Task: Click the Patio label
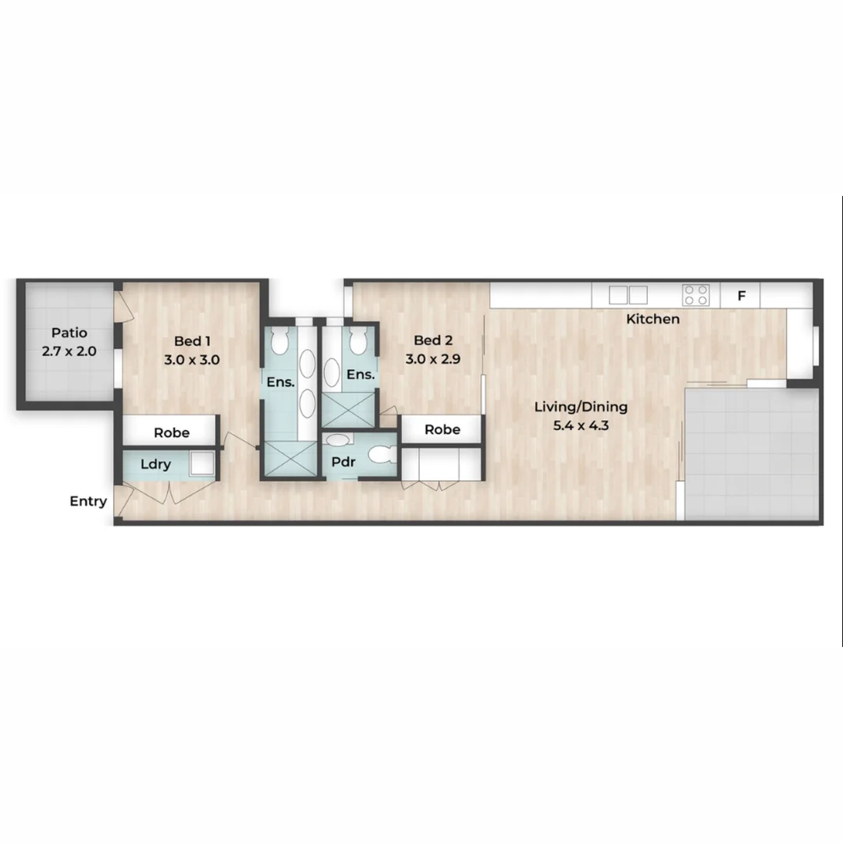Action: point(69,333)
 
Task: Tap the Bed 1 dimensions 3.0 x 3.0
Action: point(192,360)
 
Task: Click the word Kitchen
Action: point(653,319)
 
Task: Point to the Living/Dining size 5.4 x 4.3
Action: point(581,425)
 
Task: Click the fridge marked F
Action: point(742,296)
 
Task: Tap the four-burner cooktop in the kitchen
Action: point(695,295)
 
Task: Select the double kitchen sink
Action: point(628,295)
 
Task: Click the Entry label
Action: point(88,501)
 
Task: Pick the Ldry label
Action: point(155,464)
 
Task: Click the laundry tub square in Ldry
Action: point(201,464)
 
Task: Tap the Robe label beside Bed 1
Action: point(172,432)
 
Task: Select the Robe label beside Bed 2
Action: point(442,429)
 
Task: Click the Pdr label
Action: point(343,462)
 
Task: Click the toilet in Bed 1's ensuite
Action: point(280,341)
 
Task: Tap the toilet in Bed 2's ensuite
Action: point(358,340)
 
